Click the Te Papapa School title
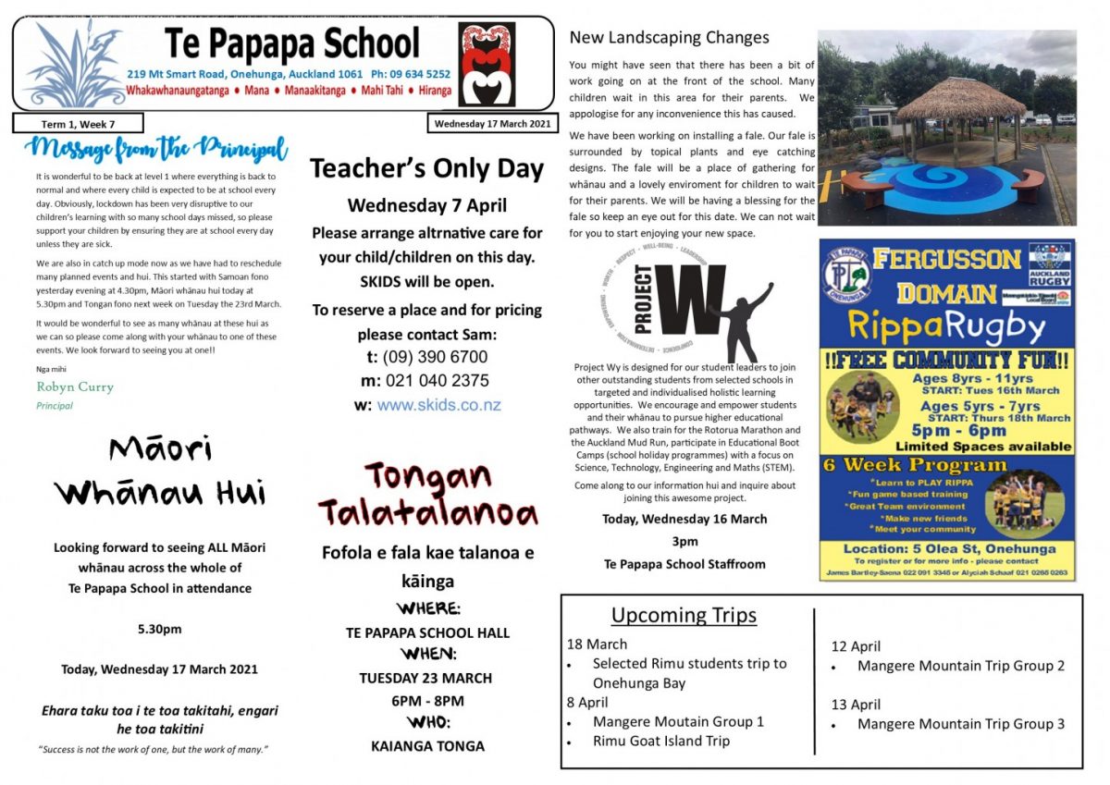point(291,43)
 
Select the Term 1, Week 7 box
point(78,124)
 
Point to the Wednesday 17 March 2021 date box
point(491,124)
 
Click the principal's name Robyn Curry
point(75,386)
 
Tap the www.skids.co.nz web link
point(438,405)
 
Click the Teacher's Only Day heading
point(426,168)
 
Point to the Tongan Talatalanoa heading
point(427,494)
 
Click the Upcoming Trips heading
point(684,615)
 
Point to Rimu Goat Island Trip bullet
point(660,741)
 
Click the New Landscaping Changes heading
point(669,38)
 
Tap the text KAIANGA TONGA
point(427,745)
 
